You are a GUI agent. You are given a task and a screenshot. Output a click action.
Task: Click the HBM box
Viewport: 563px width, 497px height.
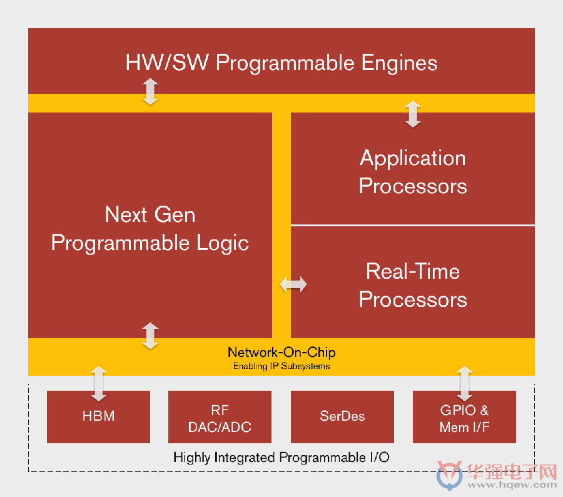click(98, 416)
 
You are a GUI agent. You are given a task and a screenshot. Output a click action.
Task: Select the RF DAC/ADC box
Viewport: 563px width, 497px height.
click(220, 416)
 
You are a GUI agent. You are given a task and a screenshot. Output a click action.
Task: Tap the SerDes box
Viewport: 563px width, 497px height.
click(342, 416)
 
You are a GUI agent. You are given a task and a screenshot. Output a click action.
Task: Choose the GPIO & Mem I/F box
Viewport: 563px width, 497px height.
click(464, 416)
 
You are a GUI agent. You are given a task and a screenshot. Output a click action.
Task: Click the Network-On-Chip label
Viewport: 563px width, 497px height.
click(281, 353)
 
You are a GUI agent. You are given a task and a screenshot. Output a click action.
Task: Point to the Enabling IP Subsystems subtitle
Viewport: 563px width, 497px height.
click(281, 366)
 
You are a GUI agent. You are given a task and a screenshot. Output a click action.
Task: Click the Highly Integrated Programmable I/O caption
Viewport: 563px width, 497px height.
click(281, 458)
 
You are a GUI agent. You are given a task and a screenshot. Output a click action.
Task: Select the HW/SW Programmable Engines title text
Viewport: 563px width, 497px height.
click(281, 63)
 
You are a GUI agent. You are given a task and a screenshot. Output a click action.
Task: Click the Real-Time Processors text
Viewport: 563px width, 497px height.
click(413, 285)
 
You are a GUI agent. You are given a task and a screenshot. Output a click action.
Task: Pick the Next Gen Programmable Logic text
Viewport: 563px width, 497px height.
click(150, 229)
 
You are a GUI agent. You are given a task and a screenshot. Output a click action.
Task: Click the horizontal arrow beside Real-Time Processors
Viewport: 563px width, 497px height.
click(293, 284)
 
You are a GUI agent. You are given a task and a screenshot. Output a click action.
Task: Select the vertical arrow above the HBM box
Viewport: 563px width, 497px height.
click(99, 383)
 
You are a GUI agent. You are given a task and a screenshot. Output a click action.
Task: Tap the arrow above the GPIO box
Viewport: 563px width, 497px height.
click(465, 383)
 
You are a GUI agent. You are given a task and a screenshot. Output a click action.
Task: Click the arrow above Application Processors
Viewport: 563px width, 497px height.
click(413, 114)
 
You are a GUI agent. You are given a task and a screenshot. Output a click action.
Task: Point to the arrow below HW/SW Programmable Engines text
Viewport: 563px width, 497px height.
click(150, 91)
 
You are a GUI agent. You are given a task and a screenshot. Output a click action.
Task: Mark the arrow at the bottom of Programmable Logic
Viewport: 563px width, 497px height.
click(150, 336)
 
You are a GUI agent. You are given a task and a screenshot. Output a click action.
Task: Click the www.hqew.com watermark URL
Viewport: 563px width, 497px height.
click(512, 484)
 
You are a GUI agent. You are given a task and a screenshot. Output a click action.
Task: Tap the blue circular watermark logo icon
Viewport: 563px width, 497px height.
click(449, 474)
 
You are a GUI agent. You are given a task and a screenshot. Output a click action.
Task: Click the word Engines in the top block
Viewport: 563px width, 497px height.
click(399, 64)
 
